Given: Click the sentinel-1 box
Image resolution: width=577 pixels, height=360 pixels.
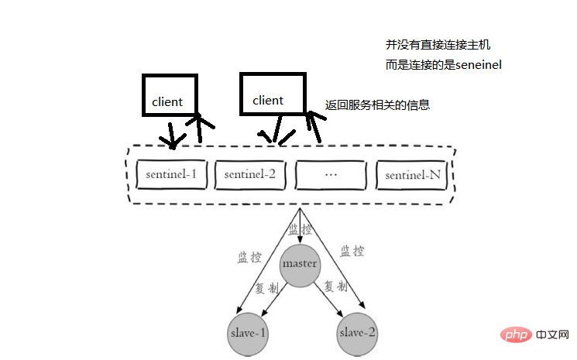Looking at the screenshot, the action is [171, 174].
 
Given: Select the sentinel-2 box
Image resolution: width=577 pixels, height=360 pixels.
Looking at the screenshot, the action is [250, 175].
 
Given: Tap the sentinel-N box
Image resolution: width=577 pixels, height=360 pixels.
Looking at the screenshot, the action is [413, 175].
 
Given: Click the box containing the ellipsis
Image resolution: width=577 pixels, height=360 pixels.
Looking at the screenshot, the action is [331, 175].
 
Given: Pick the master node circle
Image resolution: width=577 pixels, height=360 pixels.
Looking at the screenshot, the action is [300, 266].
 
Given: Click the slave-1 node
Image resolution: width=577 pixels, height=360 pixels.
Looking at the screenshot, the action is [248, 334].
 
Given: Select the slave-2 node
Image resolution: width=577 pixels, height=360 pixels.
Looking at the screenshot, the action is [357, 334].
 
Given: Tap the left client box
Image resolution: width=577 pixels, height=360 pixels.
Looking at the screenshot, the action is [170, 95].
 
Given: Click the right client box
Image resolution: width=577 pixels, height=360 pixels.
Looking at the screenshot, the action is [273, 94].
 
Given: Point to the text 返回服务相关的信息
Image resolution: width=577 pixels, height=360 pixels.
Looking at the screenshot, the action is [377, 105].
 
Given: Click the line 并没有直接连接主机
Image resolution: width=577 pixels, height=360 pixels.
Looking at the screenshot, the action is [438, 45].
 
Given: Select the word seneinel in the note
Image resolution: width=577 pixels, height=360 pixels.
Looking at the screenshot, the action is [479, 65].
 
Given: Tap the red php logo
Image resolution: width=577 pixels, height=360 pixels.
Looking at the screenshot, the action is [516, 334].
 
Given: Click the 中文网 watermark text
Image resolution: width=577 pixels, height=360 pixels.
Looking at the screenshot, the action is [552, 334].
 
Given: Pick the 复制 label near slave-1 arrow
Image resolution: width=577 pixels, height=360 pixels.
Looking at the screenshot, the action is [266, 288].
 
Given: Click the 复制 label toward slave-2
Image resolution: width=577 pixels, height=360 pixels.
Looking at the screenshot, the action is [335, 286].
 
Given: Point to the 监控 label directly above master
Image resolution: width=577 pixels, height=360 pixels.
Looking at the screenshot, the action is [301, 230].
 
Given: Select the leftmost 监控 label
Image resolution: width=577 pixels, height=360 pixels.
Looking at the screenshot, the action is [249, 257].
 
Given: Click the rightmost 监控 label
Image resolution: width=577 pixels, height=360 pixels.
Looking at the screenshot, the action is [352, 251].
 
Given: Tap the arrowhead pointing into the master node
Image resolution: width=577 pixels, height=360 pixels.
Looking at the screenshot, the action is [300, 240].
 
